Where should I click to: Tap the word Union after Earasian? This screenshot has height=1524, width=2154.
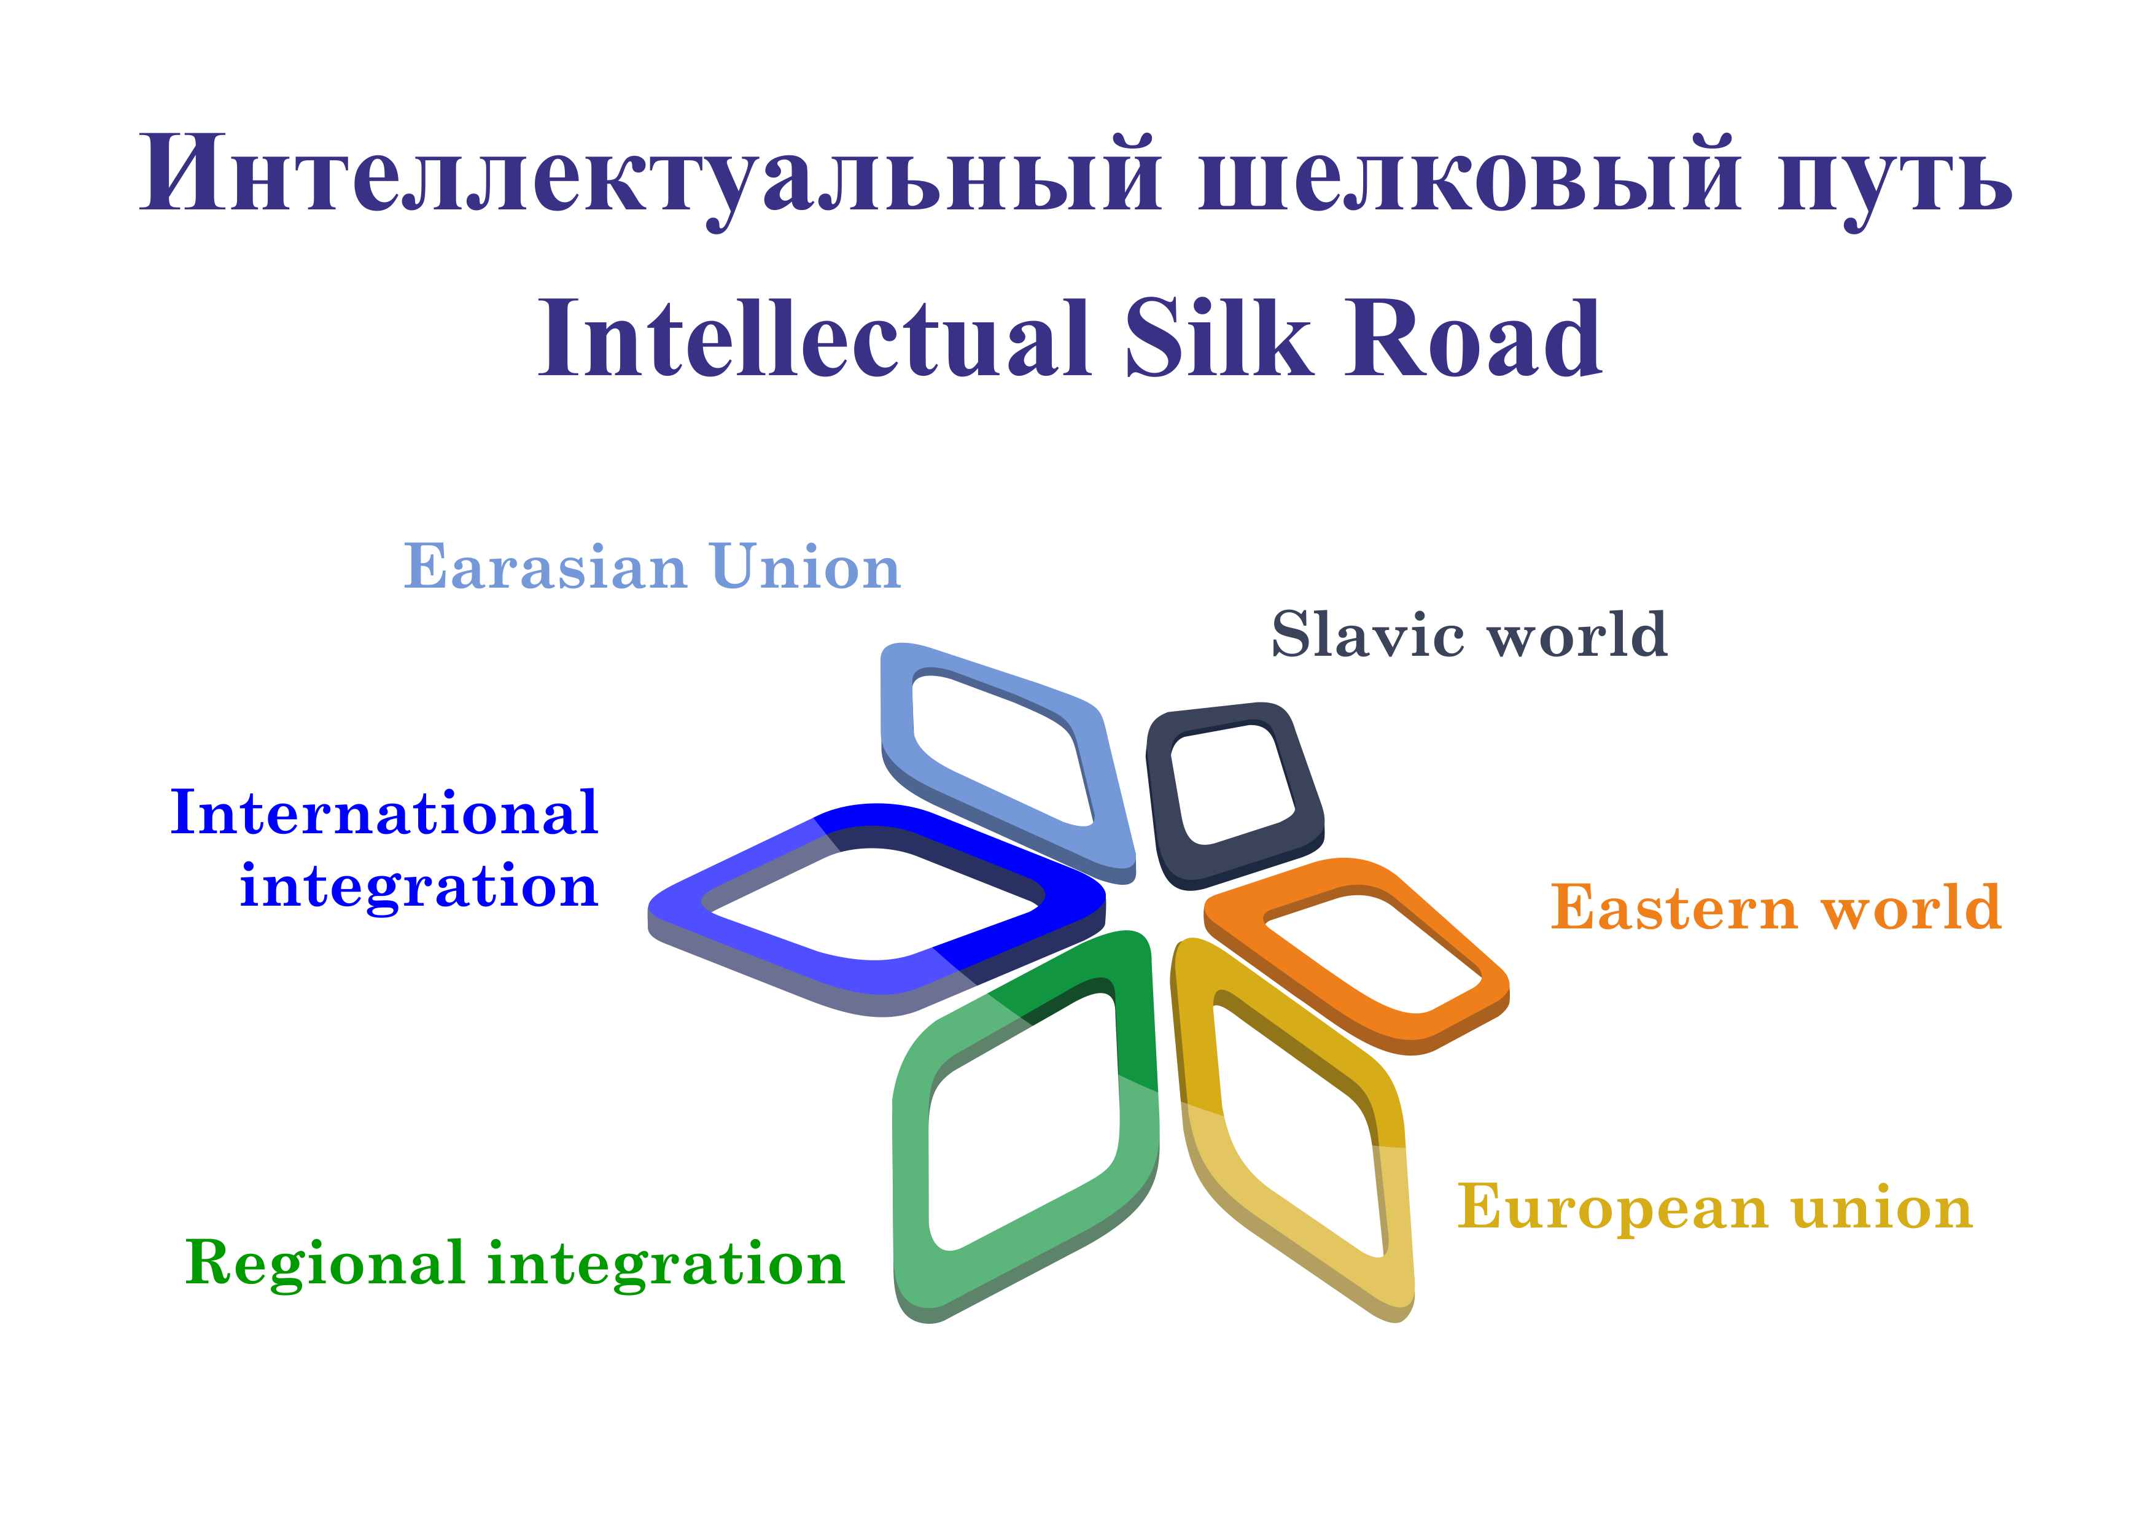coord(806,567)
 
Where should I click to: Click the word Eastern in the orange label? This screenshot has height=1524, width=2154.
coord(1673,908)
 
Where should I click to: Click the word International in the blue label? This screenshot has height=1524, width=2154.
coord(384,813)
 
